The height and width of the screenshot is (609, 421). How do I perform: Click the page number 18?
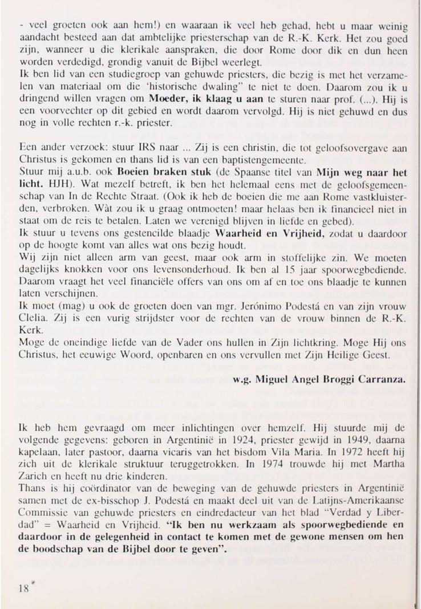tap(23, 587)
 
